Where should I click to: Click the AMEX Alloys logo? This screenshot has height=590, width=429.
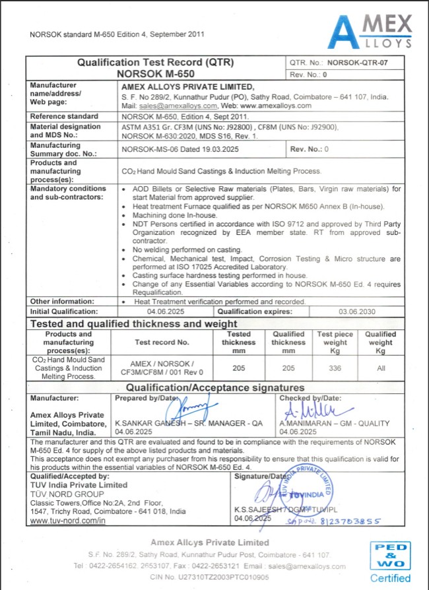coord(369,32)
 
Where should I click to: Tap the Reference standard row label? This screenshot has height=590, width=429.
coord(64,116)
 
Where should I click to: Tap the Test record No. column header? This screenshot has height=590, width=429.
coord(162,343)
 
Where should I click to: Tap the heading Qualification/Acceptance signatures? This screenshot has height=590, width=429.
coord(215,387)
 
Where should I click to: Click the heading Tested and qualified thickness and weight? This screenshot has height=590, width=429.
coord(134,323)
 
